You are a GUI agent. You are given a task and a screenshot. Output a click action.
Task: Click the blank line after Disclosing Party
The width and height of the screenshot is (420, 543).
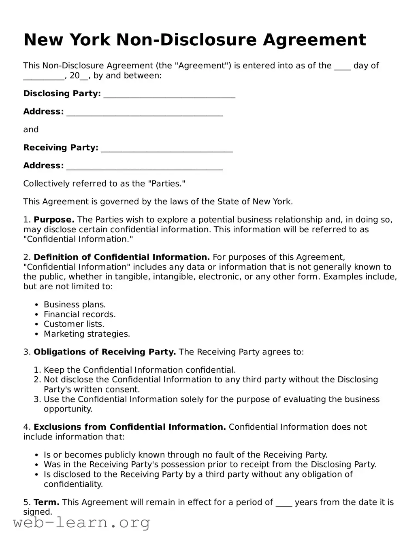(169, 95)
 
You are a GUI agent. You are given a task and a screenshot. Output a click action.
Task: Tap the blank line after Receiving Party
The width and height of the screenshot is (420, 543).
(167, 149)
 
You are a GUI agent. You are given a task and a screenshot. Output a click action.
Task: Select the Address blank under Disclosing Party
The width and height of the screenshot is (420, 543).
(145, 113)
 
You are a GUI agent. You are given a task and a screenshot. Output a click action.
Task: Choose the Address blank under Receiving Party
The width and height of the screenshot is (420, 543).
(145, 167)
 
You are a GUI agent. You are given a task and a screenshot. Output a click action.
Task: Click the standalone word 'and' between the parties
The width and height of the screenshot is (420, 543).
(31, 129)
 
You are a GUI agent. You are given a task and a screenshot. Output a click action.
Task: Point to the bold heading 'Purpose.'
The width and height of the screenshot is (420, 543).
(54, 220)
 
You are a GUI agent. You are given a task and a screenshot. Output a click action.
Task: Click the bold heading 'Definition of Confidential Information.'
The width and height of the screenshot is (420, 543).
(122, 257)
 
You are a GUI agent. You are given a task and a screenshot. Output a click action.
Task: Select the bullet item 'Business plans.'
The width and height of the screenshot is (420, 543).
(75, 305)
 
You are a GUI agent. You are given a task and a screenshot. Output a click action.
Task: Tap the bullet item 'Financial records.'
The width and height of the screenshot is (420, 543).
(79, 314)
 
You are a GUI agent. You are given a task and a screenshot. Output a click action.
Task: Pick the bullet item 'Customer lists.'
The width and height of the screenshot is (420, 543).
(74, 324)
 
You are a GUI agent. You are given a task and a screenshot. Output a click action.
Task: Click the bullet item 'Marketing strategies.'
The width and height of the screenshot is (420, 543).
(87, 334)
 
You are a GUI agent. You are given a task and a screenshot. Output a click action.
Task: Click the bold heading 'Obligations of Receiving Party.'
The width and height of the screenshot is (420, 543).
(104, 352)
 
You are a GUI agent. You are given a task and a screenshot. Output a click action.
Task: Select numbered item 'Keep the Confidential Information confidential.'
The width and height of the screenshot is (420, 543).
(139, 370)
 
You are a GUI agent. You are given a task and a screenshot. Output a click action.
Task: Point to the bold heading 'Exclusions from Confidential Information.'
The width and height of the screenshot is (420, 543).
(130, 427)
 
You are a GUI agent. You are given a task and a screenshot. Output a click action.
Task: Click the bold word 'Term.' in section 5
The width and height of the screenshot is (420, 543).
(46, 503)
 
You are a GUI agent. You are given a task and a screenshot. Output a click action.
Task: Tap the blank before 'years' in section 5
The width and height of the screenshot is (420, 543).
(284, 503)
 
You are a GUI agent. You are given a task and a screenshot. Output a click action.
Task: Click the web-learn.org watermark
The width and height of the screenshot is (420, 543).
(81, 523)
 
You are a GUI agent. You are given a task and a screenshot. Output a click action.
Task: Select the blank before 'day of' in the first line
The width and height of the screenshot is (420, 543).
(342, 67)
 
